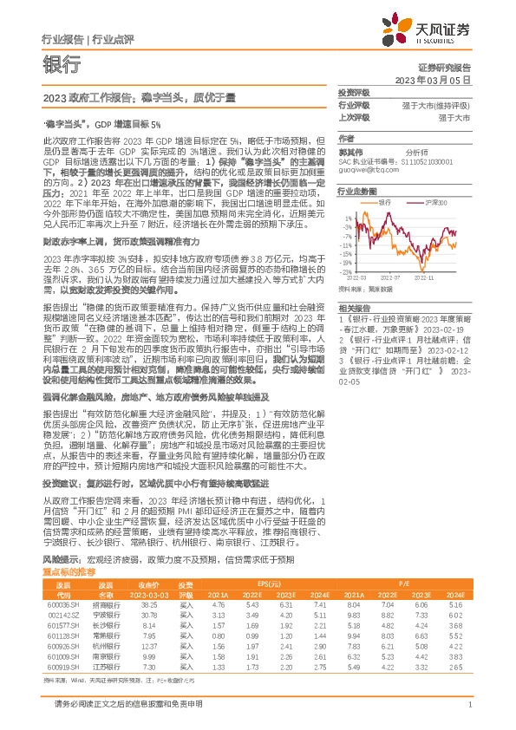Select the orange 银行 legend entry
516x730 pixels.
(389, 200)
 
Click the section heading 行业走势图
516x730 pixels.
(359, 190)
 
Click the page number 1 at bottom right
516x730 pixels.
(468, 705)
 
